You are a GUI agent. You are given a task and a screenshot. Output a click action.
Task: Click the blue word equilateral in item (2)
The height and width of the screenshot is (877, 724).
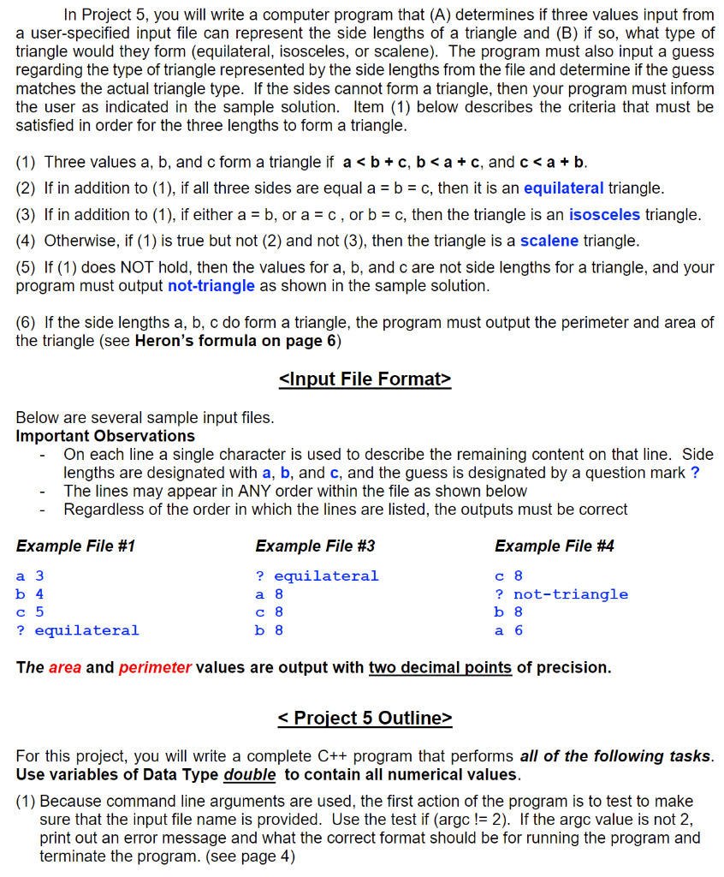(x=563, y=188)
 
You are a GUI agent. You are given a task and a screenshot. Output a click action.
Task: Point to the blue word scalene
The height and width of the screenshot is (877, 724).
(x=549, y=241)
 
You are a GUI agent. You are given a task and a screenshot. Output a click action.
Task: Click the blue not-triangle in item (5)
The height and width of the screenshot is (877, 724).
(x=211, y=285)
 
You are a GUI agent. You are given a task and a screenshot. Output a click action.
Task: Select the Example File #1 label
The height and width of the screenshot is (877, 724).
(x=75, y=546)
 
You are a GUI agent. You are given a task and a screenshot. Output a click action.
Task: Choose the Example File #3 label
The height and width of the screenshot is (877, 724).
(x=315, y=546)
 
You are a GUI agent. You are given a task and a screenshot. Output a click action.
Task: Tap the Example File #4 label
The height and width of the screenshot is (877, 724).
(x=554, y=546)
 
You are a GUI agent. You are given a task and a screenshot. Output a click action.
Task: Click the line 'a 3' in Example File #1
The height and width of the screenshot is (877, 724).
(x=30, y=576)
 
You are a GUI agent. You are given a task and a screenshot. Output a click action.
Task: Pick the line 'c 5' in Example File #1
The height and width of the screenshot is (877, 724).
(x=30, y=612)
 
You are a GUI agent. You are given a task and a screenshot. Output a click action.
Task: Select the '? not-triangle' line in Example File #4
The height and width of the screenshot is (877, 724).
(x=561, y=594)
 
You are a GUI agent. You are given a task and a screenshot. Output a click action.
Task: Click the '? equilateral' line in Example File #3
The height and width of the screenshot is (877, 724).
(x=317, y=576)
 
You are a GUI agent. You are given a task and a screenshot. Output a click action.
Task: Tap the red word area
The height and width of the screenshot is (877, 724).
(x=65, y=667)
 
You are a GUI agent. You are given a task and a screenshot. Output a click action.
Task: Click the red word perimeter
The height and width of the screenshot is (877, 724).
(x=155, y=667)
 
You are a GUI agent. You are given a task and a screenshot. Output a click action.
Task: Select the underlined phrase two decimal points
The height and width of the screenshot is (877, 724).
(x=440, y=667)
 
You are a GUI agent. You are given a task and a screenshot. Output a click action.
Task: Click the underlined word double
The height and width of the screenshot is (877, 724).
(x=249, y=774)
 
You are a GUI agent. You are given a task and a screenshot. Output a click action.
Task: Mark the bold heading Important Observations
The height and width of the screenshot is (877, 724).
(x=105, y=436)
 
